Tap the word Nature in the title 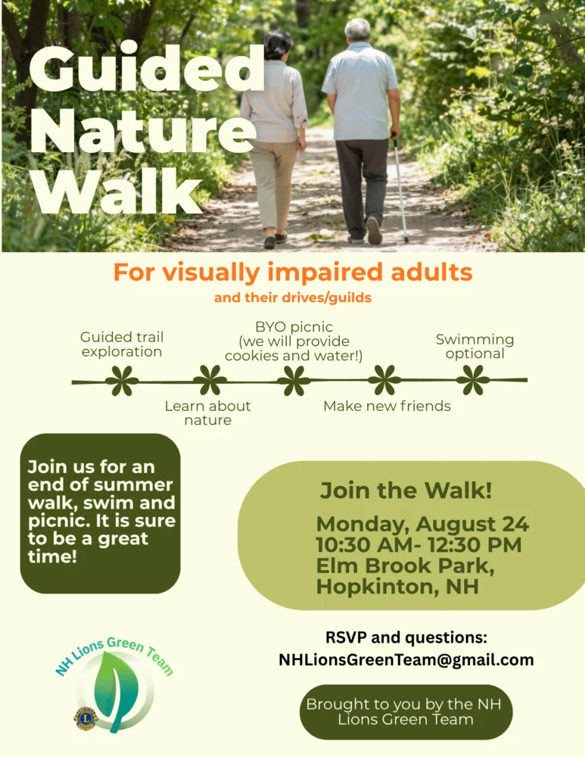click(143, 131)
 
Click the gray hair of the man click(357, 30)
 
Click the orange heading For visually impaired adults click(292, 273)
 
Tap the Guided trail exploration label click(122, 344)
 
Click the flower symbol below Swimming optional click(472, 380)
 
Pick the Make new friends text click(387, 406)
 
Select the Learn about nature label click(207, 413)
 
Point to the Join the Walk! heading click(406, 491)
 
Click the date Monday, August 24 click(423, 524)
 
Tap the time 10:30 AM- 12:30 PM click(419, 544)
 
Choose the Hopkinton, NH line click(397, 587)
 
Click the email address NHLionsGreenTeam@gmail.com click(406, 660)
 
